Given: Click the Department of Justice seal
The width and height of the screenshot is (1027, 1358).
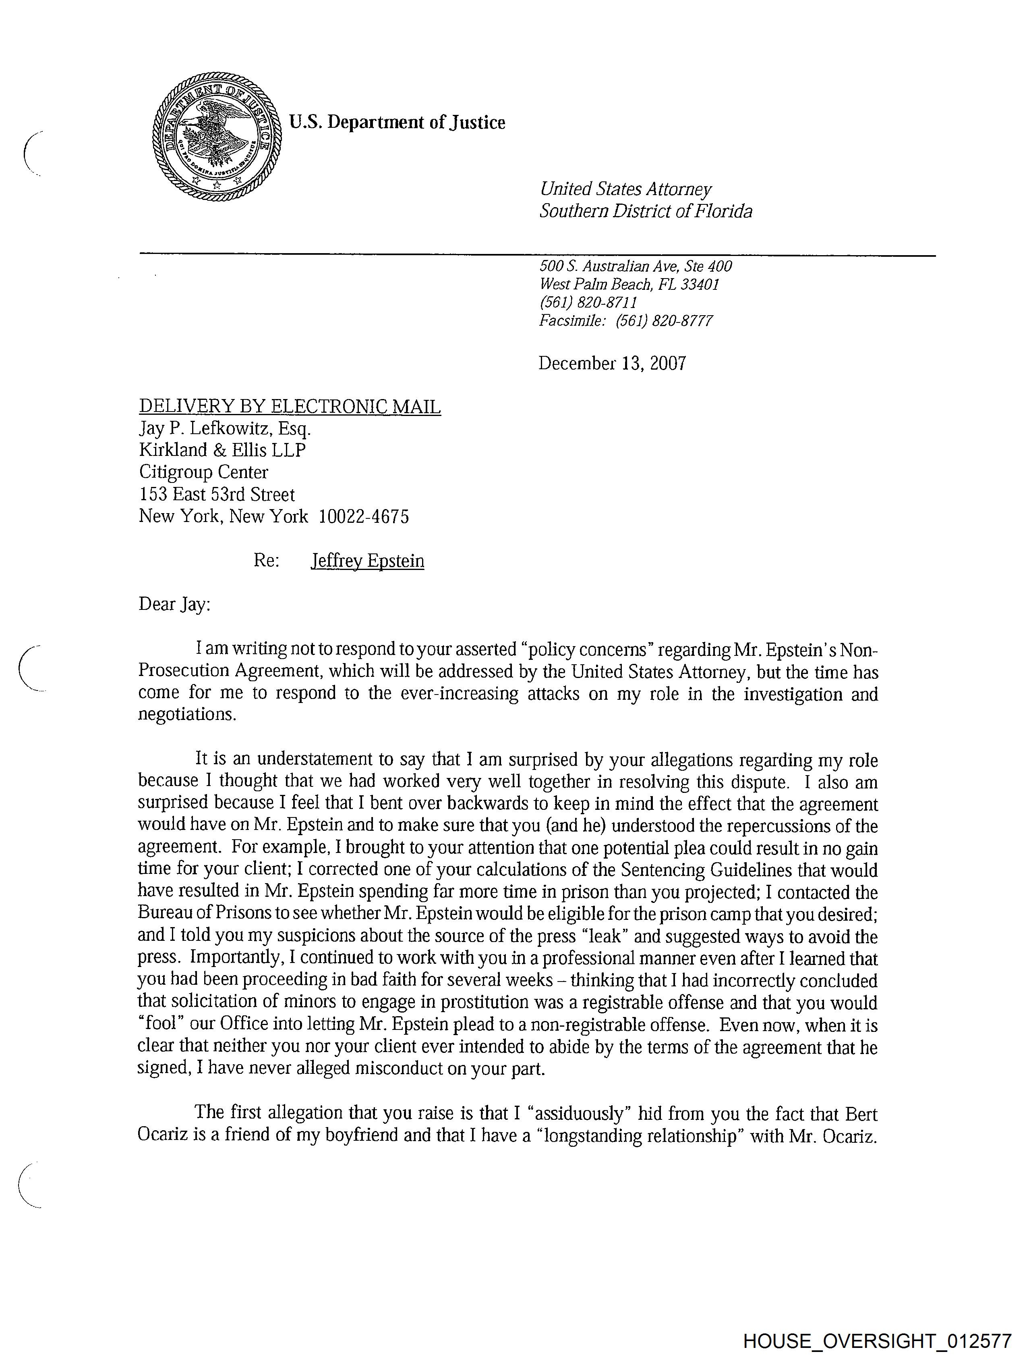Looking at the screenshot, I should pos(217,137).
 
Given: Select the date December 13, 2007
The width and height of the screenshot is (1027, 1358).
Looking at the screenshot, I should pos(612,364).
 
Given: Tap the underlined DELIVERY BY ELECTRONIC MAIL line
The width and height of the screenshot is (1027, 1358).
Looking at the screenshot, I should pos(290,406).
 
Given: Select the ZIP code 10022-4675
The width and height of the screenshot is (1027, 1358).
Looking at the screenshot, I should pos(364,516).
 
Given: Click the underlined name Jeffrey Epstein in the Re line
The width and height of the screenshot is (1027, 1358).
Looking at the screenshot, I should pos(367,561).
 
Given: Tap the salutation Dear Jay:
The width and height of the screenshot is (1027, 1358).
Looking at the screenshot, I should pos(174,604).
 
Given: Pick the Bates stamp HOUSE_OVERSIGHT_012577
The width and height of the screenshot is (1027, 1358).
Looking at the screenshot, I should pos(877,1341).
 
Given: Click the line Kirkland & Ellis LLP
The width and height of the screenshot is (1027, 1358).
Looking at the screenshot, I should pos(222,450).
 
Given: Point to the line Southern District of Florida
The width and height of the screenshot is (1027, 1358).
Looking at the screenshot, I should pos(646,211).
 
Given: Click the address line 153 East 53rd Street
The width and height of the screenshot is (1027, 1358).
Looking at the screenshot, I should pos(217,494).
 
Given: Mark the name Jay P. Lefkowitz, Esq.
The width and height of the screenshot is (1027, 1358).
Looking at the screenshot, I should pos(225,428).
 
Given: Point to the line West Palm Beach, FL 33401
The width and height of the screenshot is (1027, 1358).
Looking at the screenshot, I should pos(629,284).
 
